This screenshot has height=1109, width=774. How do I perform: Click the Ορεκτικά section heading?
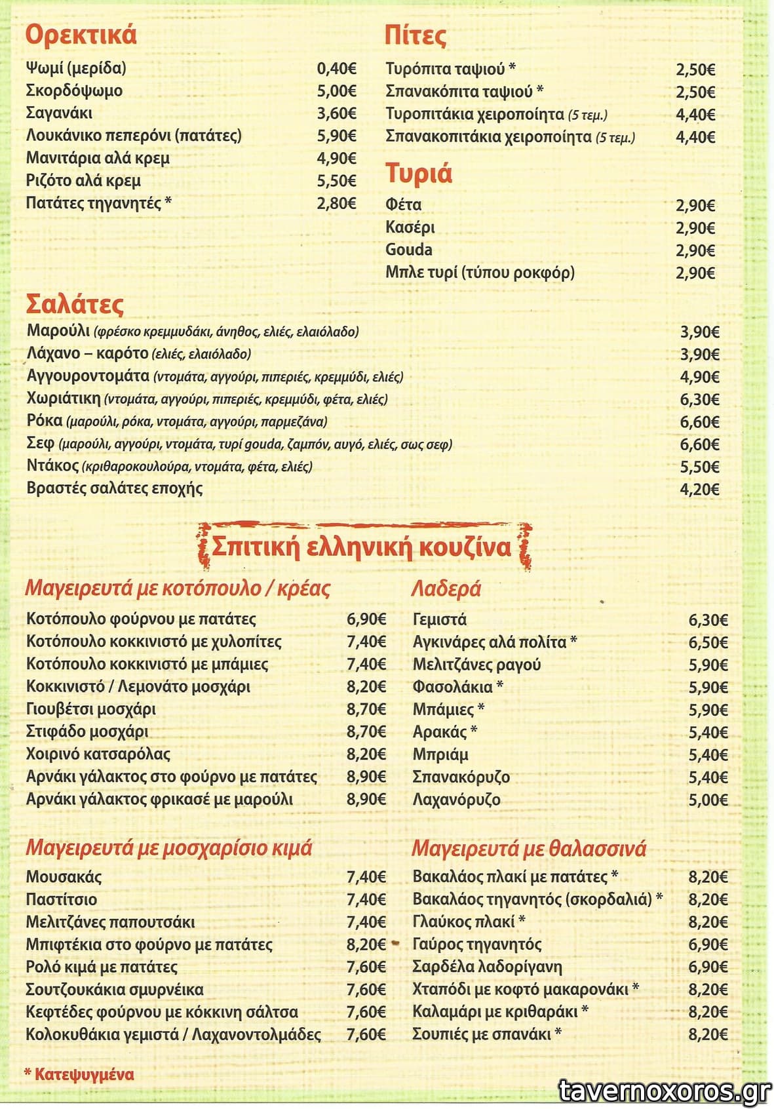click(81, 35)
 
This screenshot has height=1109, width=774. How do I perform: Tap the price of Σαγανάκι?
click(336, 113)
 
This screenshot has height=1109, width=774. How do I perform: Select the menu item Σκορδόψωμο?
click(74, 90)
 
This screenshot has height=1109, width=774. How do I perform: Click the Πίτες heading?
click(416, 35)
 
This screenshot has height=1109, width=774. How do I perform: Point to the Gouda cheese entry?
click(409, 250)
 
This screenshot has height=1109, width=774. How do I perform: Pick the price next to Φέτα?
click(695, 206)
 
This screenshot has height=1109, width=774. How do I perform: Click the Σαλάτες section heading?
click(75, 305)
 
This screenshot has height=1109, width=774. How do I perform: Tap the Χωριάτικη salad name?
click(64, 399)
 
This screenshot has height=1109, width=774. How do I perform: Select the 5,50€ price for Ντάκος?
click(699, 467)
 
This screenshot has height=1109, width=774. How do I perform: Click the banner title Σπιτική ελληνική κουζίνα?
click(361, 547)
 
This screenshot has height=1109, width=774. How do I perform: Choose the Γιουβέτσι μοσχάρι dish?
click(91, 709)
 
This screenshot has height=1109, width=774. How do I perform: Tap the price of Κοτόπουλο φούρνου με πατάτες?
click(366, 619)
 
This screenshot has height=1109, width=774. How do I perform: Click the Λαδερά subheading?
click(446, 589)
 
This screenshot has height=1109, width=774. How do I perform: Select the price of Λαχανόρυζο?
click(708, 800)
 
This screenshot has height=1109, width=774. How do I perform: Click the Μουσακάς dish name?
click(64, 877)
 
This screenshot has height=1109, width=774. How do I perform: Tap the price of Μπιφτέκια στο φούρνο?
click(366, 944)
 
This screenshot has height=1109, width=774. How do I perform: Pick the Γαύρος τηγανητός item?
click(477, 944)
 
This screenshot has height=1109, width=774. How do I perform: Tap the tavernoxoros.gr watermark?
click(665, 1091)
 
